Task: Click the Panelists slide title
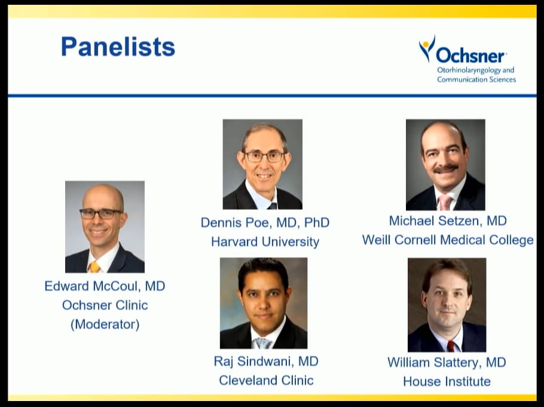click(x=118, y=47)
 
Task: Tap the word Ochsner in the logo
click(x=470, y=56)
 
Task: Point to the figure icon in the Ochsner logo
click(x=427, y=48)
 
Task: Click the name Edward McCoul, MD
click(x=105, y=286)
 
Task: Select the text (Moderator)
click(x=105, y=325)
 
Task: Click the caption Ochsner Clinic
click(x=105, y=305)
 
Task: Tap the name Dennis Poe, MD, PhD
click(x=265, y=222)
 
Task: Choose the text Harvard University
click(x=265, y=241)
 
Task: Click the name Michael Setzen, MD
click(x=448, y=221)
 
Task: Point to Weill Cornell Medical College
click(x=448, y=240)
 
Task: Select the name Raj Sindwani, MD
click(x=266, y=361)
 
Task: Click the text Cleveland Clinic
click(x=266, y=380)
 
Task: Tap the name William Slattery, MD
click(x=447, y=362)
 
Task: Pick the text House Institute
click(x=447, y=381)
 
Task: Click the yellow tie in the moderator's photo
click(x=94, y=267)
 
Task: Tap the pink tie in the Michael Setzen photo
click(x=444, y=202)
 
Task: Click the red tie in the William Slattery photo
click(x=450, y=346)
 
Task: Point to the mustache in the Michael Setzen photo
click(x=446, y=169)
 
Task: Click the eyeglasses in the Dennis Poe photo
click(x=264, y=157)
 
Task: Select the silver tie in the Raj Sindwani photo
click(x=262, y=343)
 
